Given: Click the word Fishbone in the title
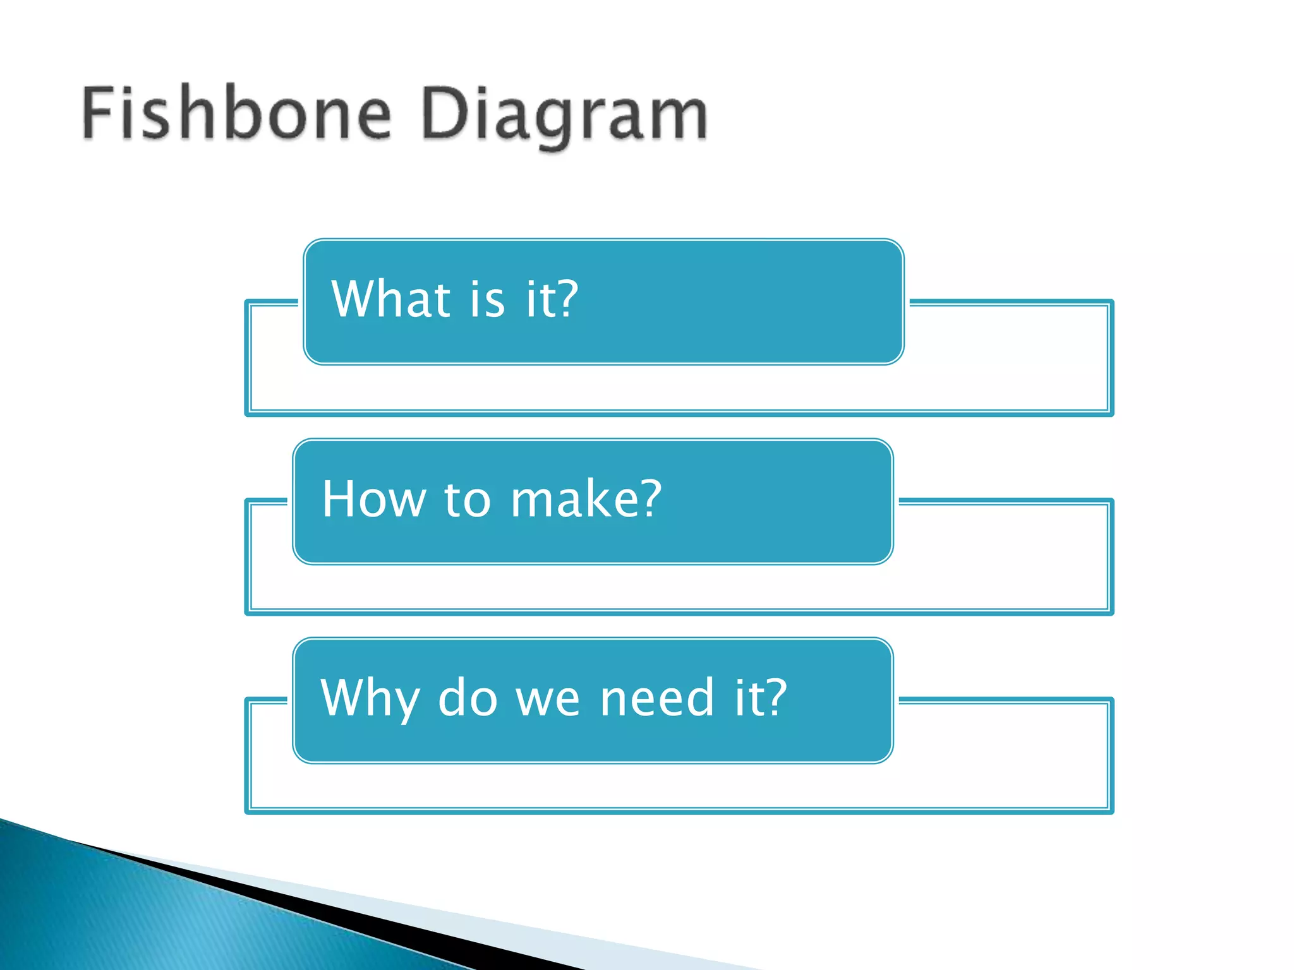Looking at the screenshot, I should pyautogui.click(x=237, y=114).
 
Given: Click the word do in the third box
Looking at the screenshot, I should pyautogui.click(x=468, y=698).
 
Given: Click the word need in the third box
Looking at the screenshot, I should pyautogui.click(x=657, y=698).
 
